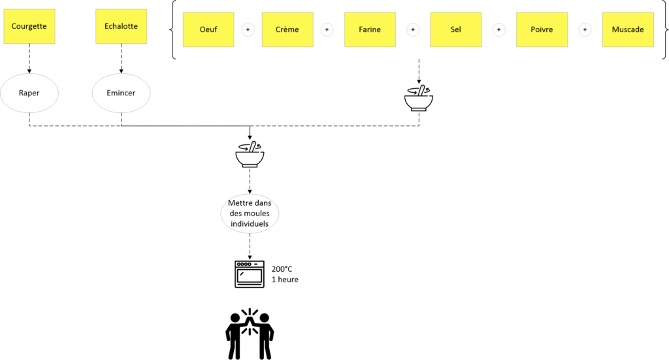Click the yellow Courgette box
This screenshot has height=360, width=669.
(x=29, y=26)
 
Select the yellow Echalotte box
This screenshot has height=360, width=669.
(x=121, y=26)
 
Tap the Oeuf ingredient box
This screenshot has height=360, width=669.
(x=208, y=29)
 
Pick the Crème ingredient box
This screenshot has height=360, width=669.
(x=287, y=29)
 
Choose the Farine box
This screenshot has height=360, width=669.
(x=370, y=29)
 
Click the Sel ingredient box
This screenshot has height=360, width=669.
(x=455, y=29)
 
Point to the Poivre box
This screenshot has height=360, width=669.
(x=542, y=29)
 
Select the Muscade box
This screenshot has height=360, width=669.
(x=628, y=29)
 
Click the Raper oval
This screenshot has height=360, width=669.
(x=29, y=93)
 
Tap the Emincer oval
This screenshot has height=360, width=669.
(x=121, y=93)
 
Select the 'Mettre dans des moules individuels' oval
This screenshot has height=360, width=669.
(x=250, y=213)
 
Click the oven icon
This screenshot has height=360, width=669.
(x=250, y=274)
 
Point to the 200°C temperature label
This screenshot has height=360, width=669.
(x=282, y=269)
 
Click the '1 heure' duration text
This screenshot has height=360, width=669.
(x=285, y=280)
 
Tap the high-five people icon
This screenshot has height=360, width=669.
(x=250, y=334)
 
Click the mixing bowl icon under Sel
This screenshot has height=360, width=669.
(x=419, y=99)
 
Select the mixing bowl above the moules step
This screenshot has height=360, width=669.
(x=250, y=154)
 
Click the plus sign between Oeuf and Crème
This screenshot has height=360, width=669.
(x=248, y=30)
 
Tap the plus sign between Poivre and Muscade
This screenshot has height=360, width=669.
(x=585, y=30)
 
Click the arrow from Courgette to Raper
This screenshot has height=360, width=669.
(x=29, y=58)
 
